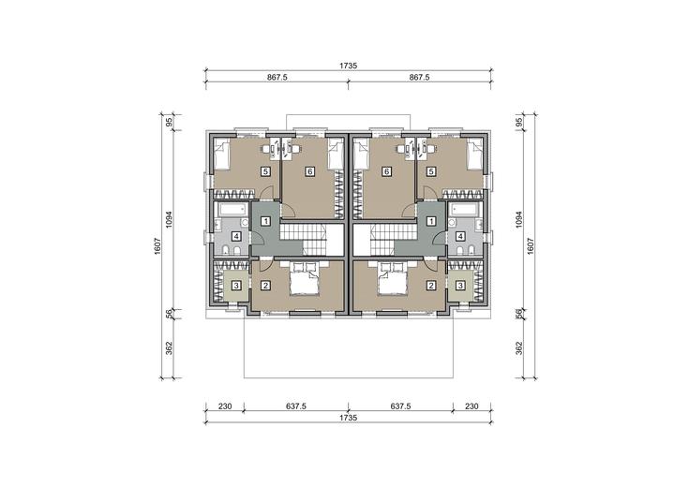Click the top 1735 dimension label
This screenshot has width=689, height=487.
(348, 66)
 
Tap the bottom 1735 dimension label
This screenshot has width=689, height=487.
(348, 418)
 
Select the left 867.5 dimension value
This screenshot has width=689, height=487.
(277, 78)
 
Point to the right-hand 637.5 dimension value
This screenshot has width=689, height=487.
(401, 406)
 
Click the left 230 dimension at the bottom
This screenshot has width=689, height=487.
(225, 406)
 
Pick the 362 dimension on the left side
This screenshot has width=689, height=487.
(170, 347)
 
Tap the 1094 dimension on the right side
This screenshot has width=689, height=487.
(519, 220)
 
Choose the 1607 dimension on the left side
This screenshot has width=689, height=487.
(158, 246)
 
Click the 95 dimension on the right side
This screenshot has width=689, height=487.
(519, 122)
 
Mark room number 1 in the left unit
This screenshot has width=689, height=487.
(265, 221)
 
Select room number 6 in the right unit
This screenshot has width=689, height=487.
(386, 171)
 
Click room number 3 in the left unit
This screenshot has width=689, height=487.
(236, 286)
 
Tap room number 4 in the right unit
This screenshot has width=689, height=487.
(460, 237)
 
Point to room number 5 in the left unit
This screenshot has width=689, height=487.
(265, 171)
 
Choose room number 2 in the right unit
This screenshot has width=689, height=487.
(431, 286)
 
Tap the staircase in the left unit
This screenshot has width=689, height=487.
(304, 240)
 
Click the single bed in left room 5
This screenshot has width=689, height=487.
(222, 155)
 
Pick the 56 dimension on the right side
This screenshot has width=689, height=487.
(519, 313)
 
